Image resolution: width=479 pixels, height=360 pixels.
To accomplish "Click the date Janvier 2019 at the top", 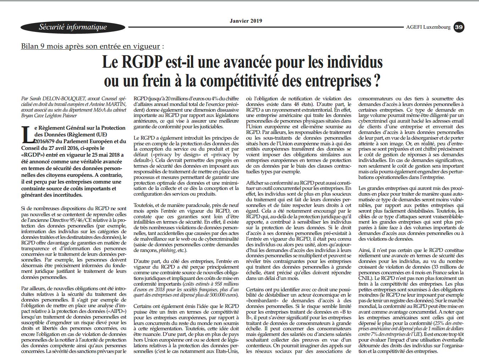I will pos(246,21).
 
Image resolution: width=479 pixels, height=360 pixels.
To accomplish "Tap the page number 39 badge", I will pos(459,27).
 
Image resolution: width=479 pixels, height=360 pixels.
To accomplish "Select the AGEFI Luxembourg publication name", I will pos(428,27).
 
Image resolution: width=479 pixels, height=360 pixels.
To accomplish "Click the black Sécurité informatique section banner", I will pos(73,27).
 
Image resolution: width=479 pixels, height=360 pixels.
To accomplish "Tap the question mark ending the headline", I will pos(377,80).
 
